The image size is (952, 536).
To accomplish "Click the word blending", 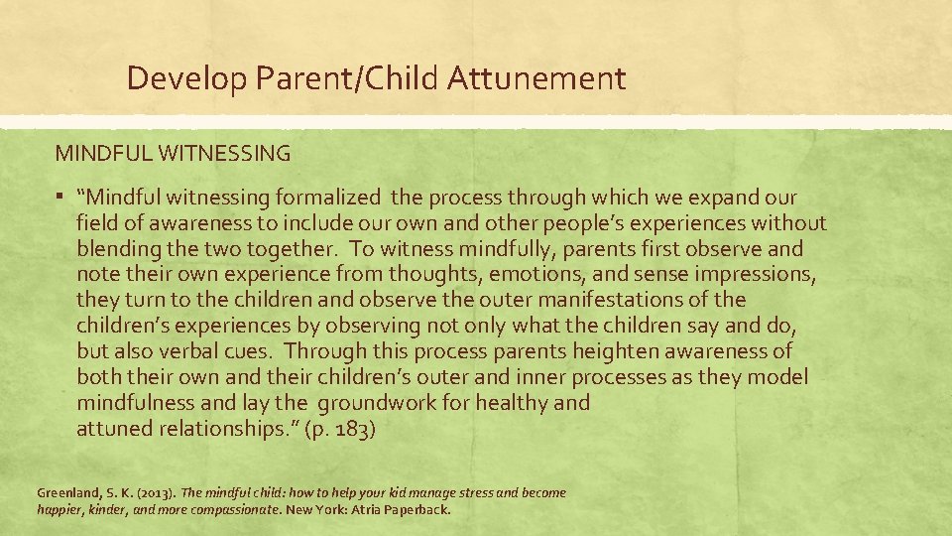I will [117, 249].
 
